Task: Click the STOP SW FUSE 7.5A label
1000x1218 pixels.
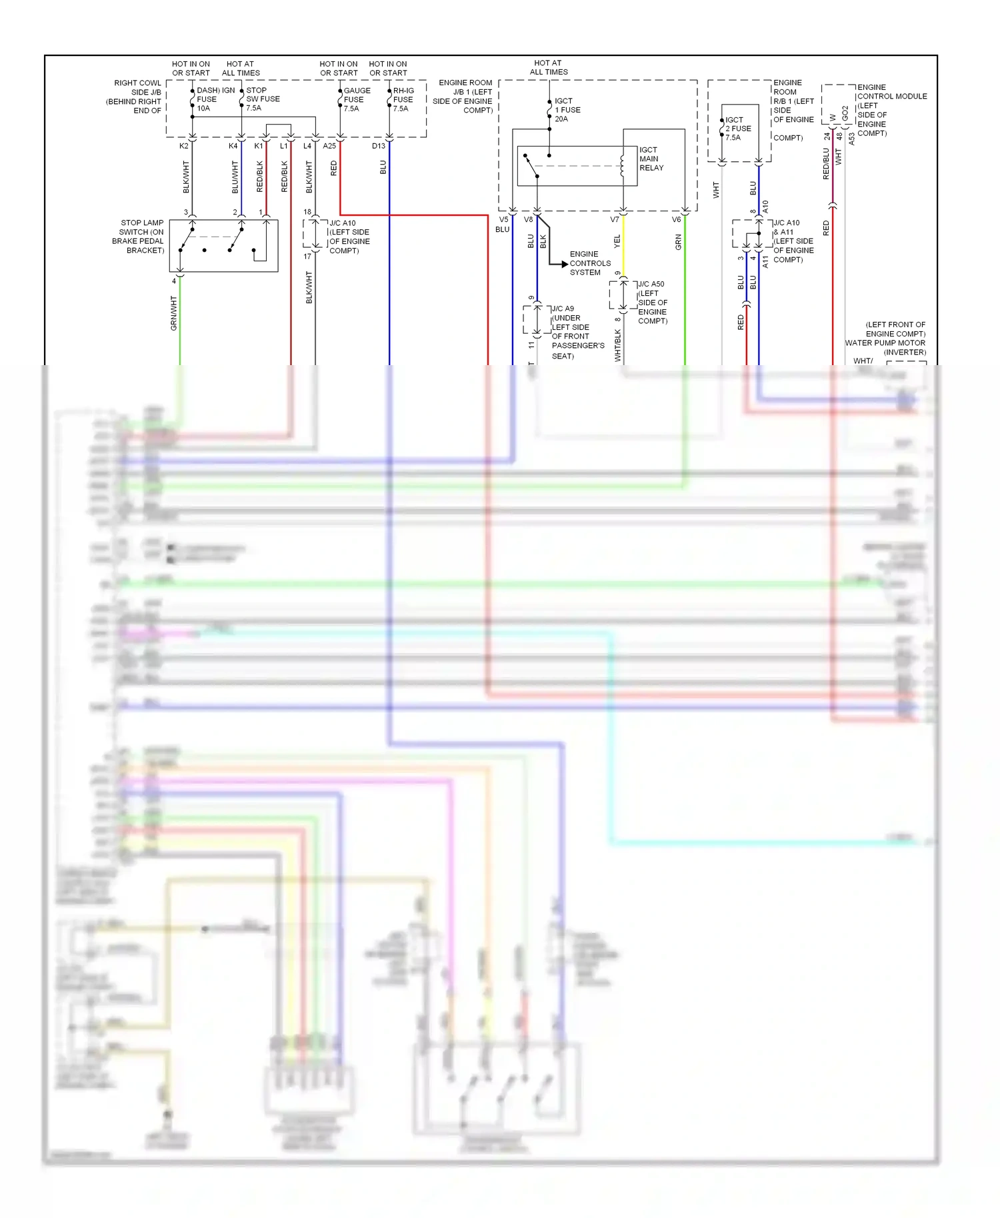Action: pyautogui.click(x=262, y=99)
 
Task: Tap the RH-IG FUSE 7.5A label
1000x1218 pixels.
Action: pyautogui.click(x=403, y=99)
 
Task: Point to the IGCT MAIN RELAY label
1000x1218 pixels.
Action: pyautogui.click(x=651, y=159)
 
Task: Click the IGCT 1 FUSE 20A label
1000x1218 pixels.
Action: pyautogui.click(x=567, y=110)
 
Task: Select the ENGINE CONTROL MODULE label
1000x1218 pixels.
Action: pyautogui.click(x=891, y=110)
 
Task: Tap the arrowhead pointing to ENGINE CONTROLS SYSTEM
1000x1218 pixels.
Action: pyautogui.click(x=564, y=265)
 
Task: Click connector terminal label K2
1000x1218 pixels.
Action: pyautogui.click(x=184, y=146)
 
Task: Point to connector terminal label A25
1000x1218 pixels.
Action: pyautogui.click(x=329, y=146)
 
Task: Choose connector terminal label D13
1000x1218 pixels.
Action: pyautogui.click(x=378, y=146)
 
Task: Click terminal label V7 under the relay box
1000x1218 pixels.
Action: pyautogui.click(x=614, y=219)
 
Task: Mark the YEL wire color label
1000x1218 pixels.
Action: pyautogui.click(x=617, y=241)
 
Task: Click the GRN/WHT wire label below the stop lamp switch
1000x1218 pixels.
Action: pyautogui.click(x=174, y=313)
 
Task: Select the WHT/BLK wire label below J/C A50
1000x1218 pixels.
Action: pyautogui.click(x=618, y=345)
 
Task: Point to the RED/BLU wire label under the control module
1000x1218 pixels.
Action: pyautogui.click(x=826, y=163)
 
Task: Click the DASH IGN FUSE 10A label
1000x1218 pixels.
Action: pyautogui.click(x=215, y=99)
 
